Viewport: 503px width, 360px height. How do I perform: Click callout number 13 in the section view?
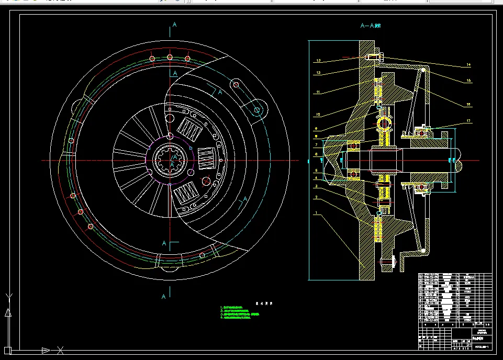[x=318, y=61]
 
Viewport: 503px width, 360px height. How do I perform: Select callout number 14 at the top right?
[x=468, y=65]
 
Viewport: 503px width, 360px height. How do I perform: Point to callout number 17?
[x=468, y=121]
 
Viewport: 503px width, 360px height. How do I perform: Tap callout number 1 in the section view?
[x=316, y=213]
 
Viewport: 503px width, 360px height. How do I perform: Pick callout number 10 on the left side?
[x=318, y=115]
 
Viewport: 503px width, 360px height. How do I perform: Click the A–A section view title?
[x=370, y=25]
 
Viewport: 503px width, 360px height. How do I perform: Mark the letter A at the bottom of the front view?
[x=164, y=297]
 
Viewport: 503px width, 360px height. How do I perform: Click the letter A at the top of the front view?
[x=175, y=24]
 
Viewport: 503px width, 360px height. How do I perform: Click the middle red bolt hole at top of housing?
[x=170, y=58]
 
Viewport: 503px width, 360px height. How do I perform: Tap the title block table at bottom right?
[x=455, y=311]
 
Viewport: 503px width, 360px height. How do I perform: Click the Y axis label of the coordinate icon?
[x=8, y=297]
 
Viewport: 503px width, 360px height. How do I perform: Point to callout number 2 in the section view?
[x=316, y=197]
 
